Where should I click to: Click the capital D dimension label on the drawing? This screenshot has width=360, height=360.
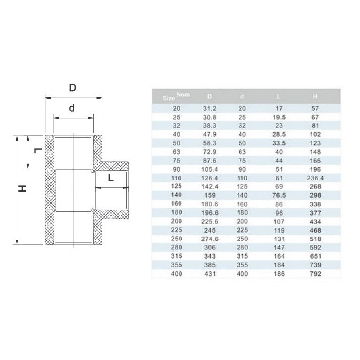pyautogui.click(x=73, y=88)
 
